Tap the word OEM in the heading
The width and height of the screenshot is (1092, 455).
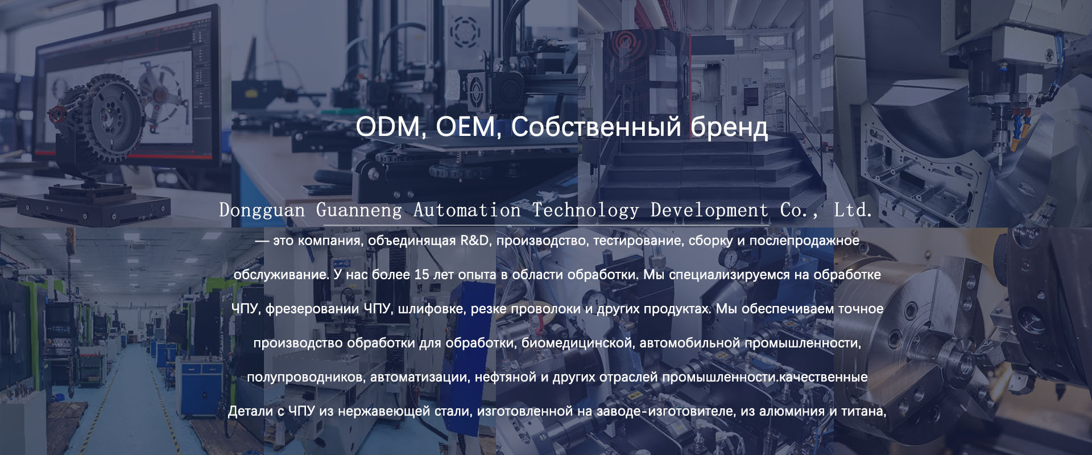coord(465,127)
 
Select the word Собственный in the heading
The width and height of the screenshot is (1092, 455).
coord(596,127)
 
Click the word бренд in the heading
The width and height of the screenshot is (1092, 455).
coord(729,127)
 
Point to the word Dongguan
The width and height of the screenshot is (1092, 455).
coord(262,210)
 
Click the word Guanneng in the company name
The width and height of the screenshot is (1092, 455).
coord(359,210)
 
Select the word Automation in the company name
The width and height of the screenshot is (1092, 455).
coord(467,210)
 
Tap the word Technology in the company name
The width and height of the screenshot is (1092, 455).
coord(586,210)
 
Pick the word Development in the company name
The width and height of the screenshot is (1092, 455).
coord(709,210)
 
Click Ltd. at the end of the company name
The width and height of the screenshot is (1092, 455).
coord(853,210)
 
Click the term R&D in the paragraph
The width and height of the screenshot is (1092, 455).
coord(474,241)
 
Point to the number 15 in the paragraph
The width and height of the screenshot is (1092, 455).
coord(421,275)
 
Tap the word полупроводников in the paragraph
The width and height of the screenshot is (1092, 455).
coord(306,378)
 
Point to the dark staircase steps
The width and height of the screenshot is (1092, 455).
coord(700,171)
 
